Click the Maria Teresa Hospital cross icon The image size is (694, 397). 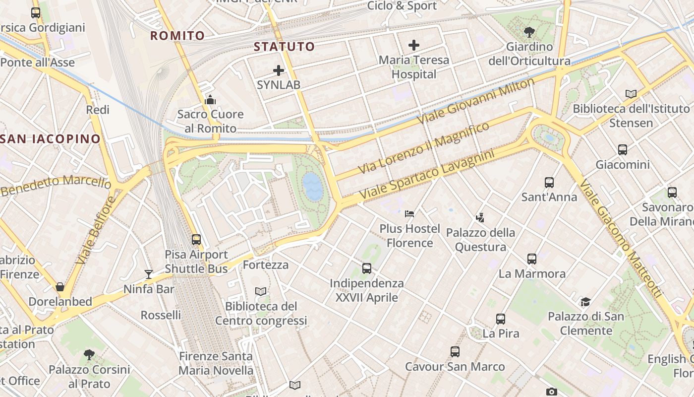pyautogui.click(x=414, y=45)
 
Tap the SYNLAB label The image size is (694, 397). pyautogui.click(x=279, y=85)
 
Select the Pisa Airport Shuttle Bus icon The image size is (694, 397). pyautogui.click(x=196, y=240)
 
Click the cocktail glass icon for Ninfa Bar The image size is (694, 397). pyautogui.click(x=148, y=274)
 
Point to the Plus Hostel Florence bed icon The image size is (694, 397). pyautogui.click(x=409, y=214)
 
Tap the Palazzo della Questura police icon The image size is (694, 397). pyautogui.click(x=480, y=217)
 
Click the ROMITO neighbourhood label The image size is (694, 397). pyautogui.click(x=177, y=36)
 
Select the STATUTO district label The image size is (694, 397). pyautogui.click(x=285, y=47)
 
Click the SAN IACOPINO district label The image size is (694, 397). pyautogui.click(x=51, y=139)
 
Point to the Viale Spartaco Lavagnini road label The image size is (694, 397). pyautogui.click(x=427, y=175)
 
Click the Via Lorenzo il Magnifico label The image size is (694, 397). pyautogui.click(x=423, y=147)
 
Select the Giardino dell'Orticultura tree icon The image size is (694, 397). pyautogui.click(x=529, y=32)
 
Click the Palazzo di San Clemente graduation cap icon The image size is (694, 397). pyautogui.click(x=585, y=302)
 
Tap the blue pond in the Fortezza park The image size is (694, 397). pyautogui.click(x=313, y=186)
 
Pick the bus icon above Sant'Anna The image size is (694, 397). pyautogui.click(x=549, y=183)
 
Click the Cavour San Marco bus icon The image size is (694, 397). pyautogui.click(x=455, y=352)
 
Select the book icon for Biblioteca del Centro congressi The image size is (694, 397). pyautogui.click(x=261, y=291)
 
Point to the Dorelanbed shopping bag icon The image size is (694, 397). pyautogui.click(x=60, y=287)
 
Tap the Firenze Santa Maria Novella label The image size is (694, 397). pyautogui.click(x=216, y=363)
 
